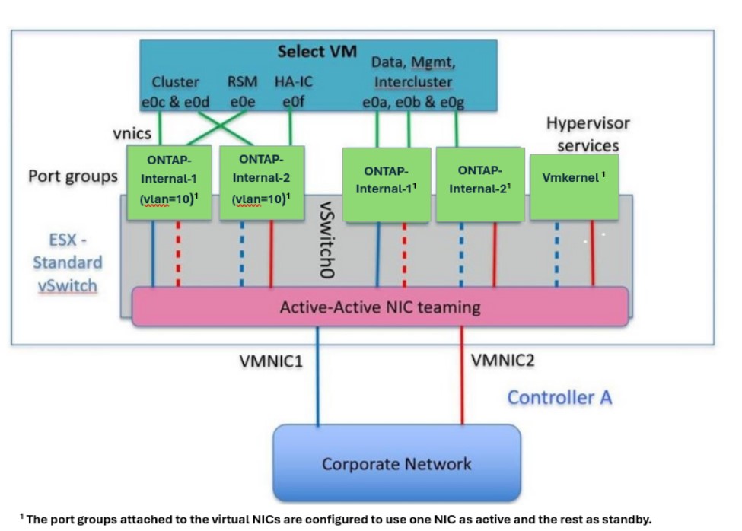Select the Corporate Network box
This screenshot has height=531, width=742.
point(396,463)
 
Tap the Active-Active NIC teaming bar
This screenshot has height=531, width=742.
point(380,307)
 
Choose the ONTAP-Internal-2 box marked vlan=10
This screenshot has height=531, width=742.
point(262,183)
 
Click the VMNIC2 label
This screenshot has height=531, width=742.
point(502,359)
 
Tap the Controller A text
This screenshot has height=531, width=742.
point(559,397)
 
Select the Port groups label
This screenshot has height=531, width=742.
point(73,176)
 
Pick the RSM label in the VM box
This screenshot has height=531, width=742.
point(242,81)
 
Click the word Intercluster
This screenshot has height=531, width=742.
point(412,81)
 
